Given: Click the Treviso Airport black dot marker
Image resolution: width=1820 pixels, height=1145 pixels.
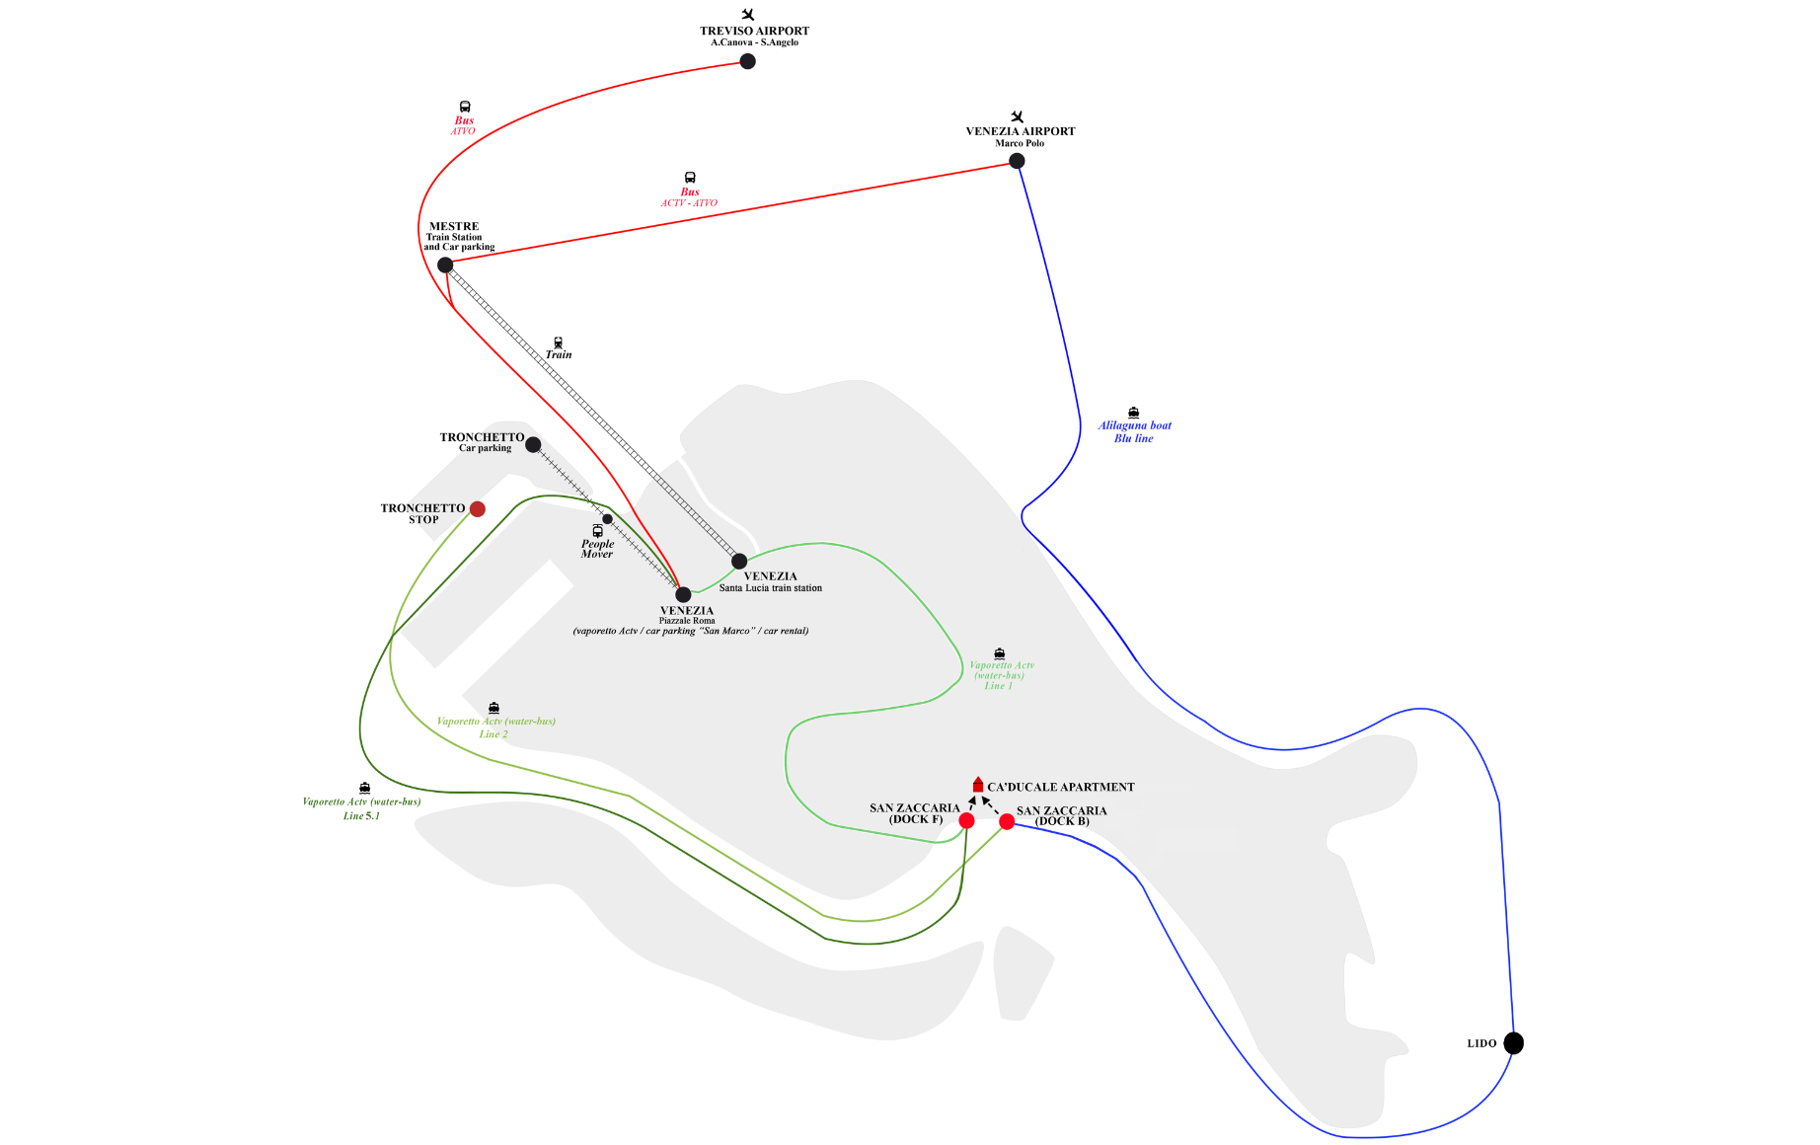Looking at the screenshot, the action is (x=748, y=61).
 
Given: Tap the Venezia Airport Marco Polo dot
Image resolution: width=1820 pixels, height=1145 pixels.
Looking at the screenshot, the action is (x=1017, y=161).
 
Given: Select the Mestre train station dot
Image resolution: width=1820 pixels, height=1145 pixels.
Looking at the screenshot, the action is (x=445, y=265).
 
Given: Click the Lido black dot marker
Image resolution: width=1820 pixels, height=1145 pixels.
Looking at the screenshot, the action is (x=1514, y=1043).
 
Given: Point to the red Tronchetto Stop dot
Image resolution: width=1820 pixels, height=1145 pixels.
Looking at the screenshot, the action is (x=478, y=509).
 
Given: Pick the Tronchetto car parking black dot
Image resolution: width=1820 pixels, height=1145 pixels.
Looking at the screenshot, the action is (x=533, y=444).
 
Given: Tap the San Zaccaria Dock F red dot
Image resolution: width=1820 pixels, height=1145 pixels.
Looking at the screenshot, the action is (x=966, y=820).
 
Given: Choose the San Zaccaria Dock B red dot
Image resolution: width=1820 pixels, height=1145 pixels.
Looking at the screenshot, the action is (x=1007, y=821).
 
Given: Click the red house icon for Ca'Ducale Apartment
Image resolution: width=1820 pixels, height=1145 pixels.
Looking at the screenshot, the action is (x=978, y=785).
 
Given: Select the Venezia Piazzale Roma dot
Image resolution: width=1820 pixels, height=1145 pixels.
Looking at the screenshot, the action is (x=683, y=594).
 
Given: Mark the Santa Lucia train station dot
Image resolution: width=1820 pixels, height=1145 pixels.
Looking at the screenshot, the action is (x=739, y=562).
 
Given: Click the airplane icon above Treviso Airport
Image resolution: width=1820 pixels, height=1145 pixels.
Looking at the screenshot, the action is (x=748, y=14).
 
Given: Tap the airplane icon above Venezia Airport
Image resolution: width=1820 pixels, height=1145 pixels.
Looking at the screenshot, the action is (x=1018, y=116).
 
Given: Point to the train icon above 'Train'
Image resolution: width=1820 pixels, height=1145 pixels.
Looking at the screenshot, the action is (x=559, y=343).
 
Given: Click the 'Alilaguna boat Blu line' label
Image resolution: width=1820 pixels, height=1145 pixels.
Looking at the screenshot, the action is (x=1135, y=432).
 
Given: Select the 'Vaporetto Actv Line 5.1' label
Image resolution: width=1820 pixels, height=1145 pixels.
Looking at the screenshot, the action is (x=361, y=808).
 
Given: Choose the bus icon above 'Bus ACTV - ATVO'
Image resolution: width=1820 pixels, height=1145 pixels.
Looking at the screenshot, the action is (x=690, y=178).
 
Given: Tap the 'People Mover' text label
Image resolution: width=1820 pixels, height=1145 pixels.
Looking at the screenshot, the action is (x=597, y=549).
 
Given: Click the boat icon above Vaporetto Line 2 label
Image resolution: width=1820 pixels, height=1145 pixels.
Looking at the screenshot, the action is (x=493, y=708).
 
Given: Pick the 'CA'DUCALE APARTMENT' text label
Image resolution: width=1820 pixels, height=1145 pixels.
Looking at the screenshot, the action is (x=1061, y=787).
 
